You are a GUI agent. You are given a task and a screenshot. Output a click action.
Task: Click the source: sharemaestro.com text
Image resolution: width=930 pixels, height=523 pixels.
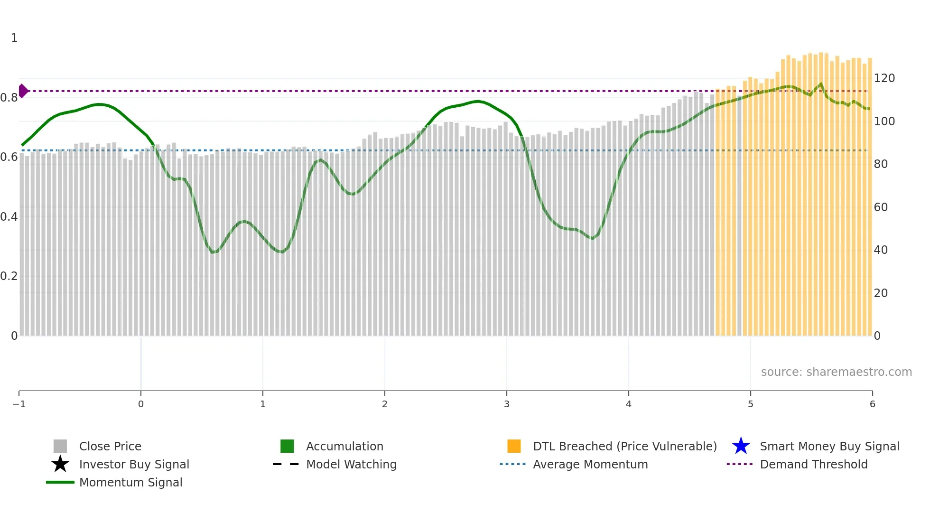836,372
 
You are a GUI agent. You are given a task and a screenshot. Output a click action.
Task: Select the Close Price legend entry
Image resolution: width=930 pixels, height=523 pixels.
110,447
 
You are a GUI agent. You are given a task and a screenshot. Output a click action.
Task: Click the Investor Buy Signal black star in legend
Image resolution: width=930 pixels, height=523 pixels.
60,464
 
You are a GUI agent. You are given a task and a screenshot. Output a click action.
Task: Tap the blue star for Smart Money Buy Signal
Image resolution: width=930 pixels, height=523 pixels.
741,446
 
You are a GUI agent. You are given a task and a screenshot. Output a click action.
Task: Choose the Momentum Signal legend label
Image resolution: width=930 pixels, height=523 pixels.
130,483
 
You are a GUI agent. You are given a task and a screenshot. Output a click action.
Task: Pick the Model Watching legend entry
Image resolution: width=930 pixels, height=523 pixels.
351,465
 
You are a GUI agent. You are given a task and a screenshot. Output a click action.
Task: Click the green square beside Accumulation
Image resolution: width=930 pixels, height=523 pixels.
287,446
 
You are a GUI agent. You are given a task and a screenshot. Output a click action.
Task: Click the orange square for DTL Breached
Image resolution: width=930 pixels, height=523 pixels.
514,446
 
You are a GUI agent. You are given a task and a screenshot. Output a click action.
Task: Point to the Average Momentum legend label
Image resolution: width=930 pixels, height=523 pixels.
590,465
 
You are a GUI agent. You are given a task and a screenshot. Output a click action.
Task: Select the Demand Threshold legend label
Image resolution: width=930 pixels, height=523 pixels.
813,465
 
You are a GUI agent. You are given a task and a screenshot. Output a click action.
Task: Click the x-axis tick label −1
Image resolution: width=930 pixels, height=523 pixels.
19,404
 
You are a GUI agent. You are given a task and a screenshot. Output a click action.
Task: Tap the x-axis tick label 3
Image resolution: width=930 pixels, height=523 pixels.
507,404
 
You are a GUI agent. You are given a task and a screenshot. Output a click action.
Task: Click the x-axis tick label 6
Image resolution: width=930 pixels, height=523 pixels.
872,404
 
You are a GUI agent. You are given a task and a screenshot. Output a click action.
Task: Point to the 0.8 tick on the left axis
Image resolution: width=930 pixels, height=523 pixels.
9,98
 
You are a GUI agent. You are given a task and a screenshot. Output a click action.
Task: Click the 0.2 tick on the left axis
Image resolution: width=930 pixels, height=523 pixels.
9,276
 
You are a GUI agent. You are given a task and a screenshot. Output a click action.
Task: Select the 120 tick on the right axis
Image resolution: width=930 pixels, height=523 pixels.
884,78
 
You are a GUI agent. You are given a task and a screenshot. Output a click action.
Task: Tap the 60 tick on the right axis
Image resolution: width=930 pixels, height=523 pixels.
881,207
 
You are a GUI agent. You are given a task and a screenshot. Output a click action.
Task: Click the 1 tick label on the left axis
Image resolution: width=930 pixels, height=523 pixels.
14,38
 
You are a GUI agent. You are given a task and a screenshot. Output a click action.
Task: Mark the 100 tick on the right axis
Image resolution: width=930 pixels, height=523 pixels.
884,121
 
